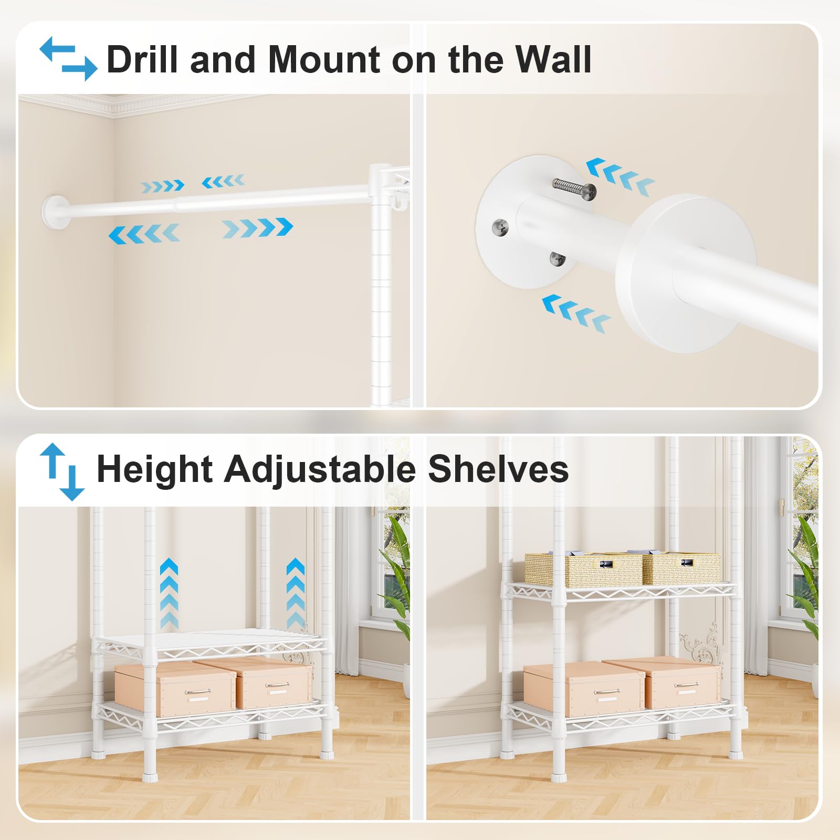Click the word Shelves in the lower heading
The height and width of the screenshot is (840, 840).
pyautogui.click(x=498, y=468)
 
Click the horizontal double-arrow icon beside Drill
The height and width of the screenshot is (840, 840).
pyautogui.click(x=68, y=58)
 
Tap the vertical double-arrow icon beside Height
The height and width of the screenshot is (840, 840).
pyautogui.click(x=62, y=471)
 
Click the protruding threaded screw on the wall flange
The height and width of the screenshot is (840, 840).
pyautogui.click(x=574, y=188)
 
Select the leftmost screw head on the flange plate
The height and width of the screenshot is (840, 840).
pyautogui.click(x=500, y=228)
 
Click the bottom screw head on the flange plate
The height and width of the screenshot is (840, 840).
pyautogui.click(x=557, y=258)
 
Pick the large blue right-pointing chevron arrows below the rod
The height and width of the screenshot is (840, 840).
pyautogui.click(x=257, y=228)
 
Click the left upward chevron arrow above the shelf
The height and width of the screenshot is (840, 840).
pyautogui.click(x=169, y=593)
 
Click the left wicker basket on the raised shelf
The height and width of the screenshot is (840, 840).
pyautogui.click(x=583, y=569)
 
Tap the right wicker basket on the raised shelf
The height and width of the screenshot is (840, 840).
pyautogui.click(x=681, y=568)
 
